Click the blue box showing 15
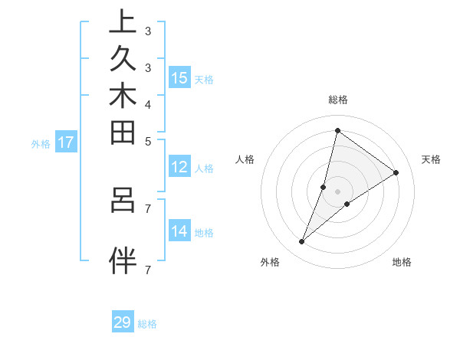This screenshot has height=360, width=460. pyautogui.click(x=179, y=78)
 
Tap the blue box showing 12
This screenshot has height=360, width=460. pyautogui.click(x=179, y=167)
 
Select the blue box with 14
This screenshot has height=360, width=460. pyautogui.click(x=179, y=232)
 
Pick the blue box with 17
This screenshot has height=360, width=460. pyautogui.click(x=66, y=142)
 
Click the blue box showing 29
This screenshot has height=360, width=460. pyautogui.click(x=123, y=323)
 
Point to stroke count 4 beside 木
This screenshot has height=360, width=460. pyautogui.click(x=148, y=104)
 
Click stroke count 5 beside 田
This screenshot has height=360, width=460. pyautogui.click(x=148, y=141)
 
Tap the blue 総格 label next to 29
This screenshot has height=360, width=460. pyautogui.click(x=147, y=324)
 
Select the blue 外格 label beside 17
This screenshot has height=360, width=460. pyautogui.click(x=41, y=143)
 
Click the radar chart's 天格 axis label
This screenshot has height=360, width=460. pyautogui.click(x=432, y=159)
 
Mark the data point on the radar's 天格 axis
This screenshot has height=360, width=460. pyautogui.click(x=396, y=172)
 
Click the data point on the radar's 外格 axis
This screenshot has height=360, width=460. pyautogui.click(x=302, y=242)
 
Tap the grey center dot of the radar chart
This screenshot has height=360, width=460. pyautogui.click(x=337, y=191)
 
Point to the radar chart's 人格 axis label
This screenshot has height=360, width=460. pyautogui.click(x=245, y=159)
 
